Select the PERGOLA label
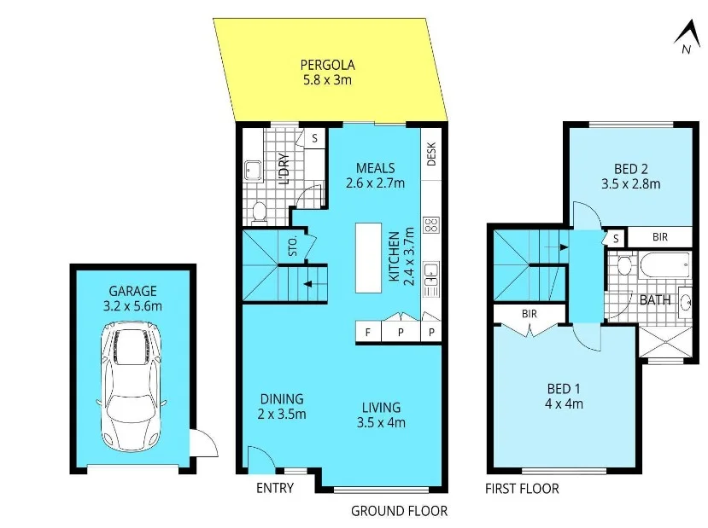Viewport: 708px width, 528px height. coord(327,64)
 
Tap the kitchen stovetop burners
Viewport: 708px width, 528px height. coord(431,226)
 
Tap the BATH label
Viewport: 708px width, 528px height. coord(655,300)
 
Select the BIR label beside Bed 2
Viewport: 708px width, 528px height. coord(659,237)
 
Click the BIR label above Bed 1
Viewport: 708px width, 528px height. coord(529,314)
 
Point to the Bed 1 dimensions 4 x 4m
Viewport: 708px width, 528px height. coord(565,404)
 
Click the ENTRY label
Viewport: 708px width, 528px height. coord(275,488)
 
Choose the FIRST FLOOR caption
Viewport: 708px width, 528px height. coord(522,489)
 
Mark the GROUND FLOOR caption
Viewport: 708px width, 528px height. coord(399,511)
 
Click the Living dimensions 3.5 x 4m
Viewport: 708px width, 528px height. coord(380,421)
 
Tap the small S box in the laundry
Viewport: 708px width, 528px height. coord(314,138)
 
